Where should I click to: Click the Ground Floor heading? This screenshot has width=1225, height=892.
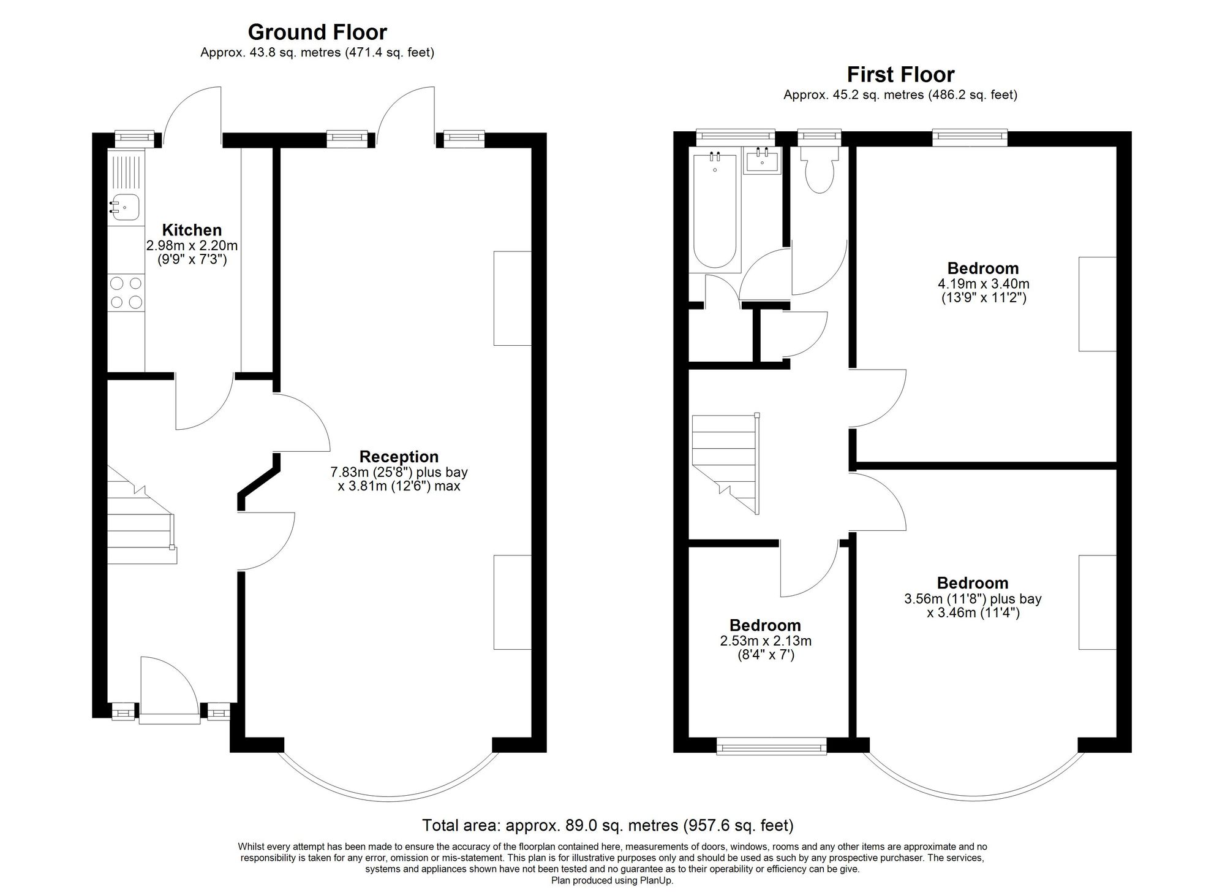click(317, 32)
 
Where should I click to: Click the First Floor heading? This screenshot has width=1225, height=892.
click(900, 74)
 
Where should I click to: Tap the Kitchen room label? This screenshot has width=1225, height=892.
click(192, 230)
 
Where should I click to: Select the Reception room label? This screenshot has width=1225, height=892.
click(399, 456)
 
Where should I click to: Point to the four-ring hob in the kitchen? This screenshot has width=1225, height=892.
click(126, 292)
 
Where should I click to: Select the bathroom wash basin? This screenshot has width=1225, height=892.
click(762, 161)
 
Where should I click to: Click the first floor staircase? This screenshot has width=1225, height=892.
click(725, 463)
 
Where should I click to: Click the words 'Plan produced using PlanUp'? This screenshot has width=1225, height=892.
click(612, 881)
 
